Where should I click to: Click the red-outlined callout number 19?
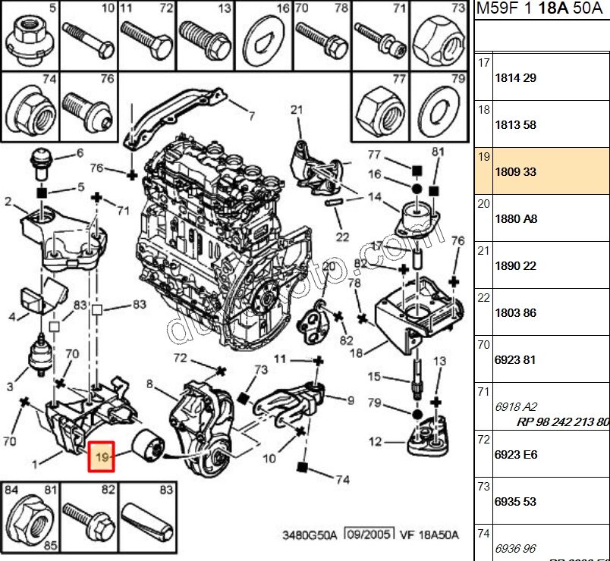(101, 456)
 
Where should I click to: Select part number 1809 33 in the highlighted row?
(516, 172)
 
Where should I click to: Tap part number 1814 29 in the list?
(516, 78)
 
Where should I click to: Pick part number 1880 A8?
(516, 219)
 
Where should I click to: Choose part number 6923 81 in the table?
(516, 360)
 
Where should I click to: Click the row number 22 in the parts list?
(483, 299)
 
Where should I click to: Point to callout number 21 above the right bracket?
(297, 110)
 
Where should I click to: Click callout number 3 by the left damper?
(11, 387)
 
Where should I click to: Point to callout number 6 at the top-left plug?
(80, 153)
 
